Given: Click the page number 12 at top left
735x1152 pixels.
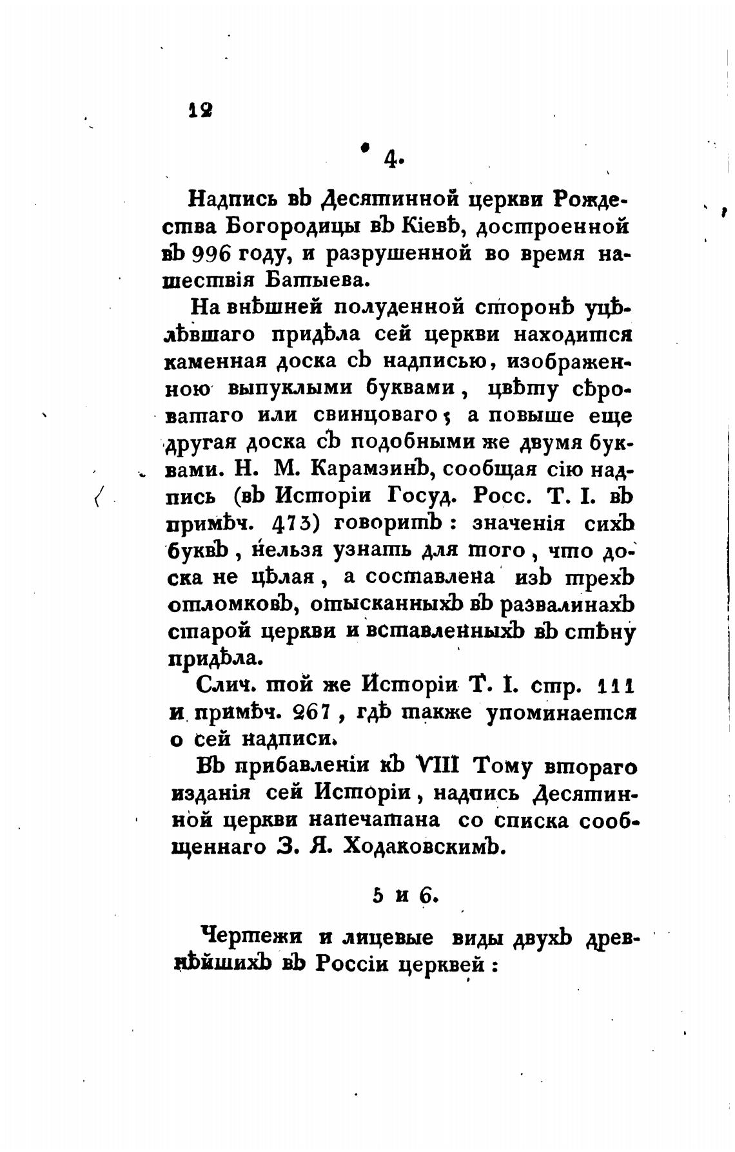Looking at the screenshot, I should tap(201, 110).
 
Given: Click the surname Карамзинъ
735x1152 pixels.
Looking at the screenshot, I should tap(365, 469).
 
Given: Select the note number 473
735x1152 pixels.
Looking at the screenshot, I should tap(293, 523).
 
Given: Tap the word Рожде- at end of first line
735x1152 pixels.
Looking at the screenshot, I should tap(589, 200).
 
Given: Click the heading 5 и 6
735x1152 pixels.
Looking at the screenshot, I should tap(405, 896).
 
